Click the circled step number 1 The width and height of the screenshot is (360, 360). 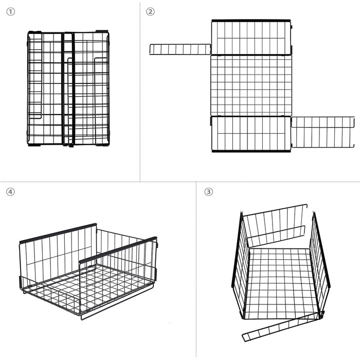pyautogui.click(x=10, y=12)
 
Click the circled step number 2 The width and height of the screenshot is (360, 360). pyautogui.click(x=150, y=12)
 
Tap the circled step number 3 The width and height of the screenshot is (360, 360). pyautogui.click(x=208, y=191)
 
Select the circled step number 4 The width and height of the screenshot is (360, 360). pyautogui.click(x=10, y=191)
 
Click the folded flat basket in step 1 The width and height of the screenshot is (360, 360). pyautogui.click(x=68, y=88)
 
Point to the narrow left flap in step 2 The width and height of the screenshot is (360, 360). pyautogui.click(x=180, y=49)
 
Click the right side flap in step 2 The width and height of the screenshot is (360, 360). pyautogui.click(x=323, y=132)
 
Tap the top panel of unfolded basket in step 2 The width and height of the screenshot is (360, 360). pyautogui.click(x=251, y=38)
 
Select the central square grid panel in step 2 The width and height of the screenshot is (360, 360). pyautogui.click(x=251, y=86)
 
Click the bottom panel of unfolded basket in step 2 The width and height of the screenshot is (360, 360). pyautogui.click(x=251, y=133)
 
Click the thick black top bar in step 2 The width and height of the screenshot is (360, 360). pyautogui.click(x=251, y=21)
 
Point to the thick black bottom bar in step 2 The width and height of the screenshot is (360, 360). pyautogui.click(x=251, y=151)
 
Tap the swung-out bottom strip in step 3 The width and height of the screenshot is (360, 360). pyautogui.click(x=283, y=327)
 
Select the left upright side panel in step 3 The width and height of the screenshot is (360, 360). pyautogui.click(x=240, y=264)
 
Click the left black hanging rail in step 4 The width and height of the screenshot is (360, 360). pyautogui.click(x=58, y=233)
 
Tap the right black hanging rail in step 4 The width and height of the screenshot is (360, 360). pyautogui.click(x=118, y=250)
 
